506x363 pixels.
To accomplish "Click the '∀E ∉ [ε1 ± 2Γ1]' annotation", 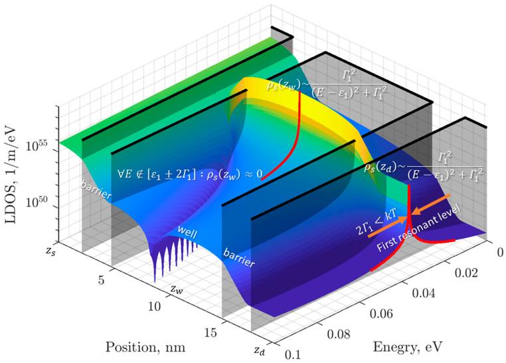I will [188, 174].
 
